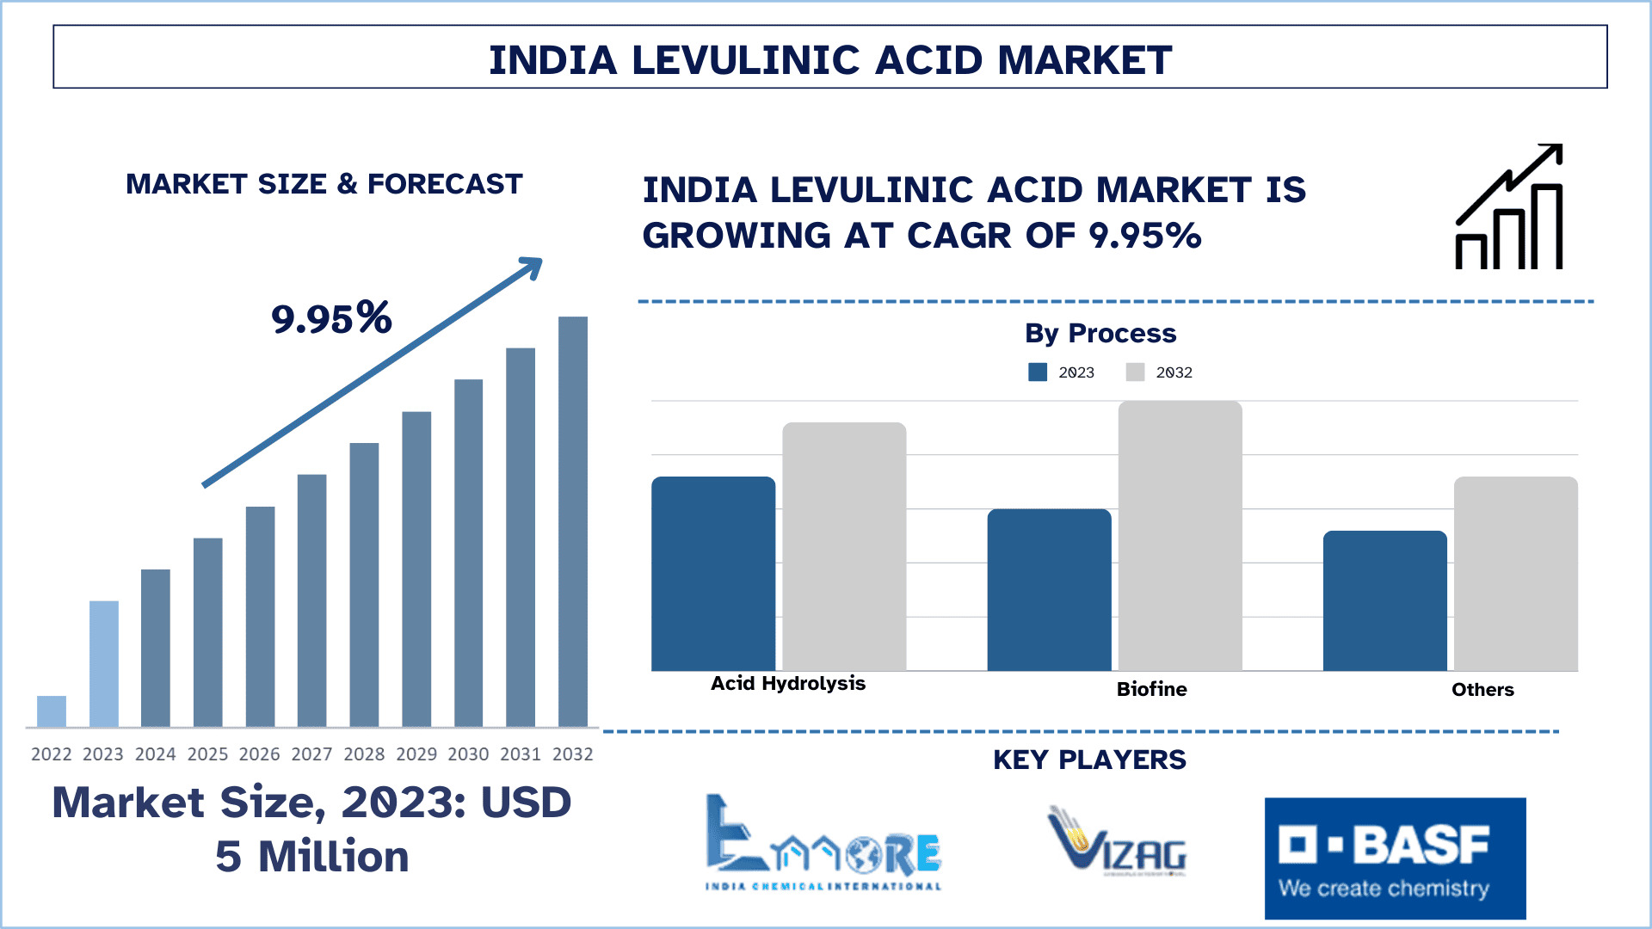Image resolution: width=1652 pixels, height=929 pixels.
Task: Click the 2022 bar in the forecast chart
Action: coord(52,711)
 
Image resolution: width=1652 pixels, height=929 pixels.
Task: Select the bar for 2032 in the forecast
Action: coord(573,521)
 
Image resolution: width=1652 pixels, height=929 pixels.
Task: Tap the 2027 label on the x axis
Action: coord(311,754)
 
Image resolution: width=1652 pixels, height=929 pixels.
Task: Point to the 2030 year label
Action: coord(468,754)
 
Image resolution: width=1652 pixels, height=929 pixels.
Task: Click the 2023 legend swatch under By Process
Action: coord(1038,372)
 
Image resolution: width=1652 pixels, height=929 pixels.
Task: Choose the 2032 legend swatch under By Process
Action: coord(1135,372)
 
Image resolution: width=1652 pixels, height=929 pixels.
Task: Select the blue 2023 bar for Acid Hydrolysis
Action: coord(713,574)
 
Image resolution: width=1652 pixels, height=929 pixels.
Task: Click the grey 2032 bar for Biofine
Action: coord(1180,536)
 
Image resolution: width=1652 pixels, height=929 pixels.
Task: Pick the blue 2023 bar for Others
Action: coord(1384,600)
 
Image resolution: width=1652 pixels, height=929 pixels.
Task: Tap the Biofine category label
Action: coord(1151,689)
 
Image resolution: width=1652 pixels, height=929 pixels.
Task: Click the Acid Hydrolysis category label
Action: coord(788,684)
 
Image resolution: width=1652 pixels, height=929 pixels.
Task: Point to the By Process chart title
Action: coord(1100,333)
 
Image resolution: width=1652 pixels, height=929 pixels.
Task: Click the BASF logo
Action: coord(1395,858)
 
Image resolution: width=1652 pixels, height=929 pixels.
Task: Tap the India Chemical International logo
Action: coord(823,843)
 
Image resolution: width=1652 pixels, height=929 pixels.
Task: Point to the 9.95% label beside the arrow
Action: coord(331,318)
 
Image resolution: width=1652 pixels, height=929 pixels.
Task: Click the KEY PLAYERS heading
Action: coord(1089,760)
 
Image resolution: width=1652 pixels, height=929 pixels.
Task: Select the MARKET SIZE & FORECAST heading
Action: coord(324,184)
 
